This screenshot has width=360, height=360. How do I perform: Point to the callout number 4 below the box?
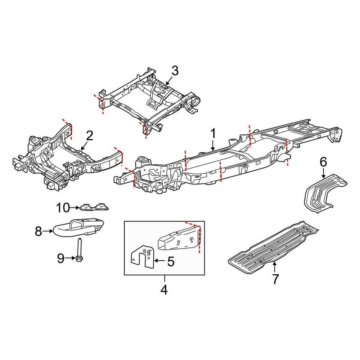164,289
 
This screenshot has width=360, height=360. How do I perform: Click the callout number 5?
171,261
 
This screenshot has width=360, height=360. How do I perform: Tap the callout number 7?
276,279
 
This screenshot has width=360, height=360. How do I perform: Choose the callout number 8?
38,232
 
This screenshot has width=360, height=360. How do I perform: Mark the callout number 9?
61,258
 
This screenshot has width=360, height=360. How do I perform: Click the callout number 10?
63,207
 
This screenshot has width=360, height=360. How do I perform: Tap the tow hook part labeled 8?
79,227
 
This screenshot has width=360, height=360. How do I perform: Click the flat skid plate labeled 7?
274,244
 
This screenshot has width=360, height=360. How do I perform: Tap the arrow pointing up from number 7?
275,267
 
